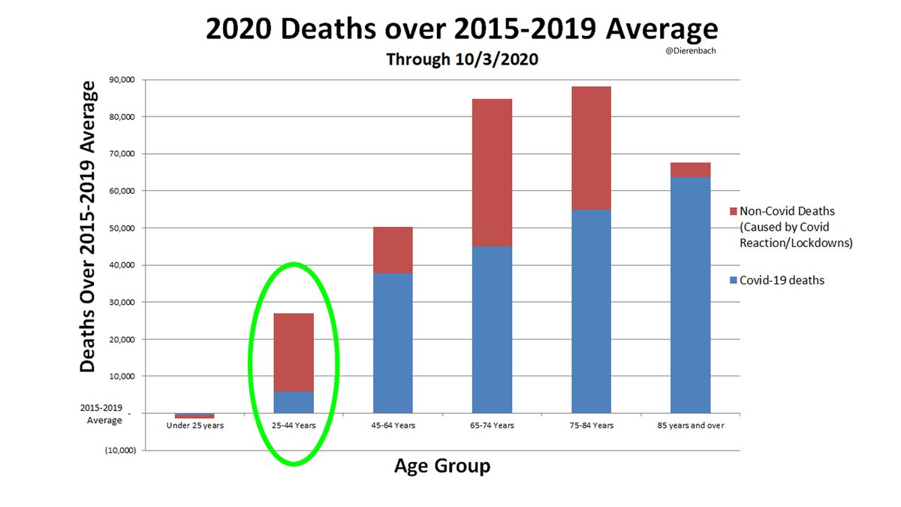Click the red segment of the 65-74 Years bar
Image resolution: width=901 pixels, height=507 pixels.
492,172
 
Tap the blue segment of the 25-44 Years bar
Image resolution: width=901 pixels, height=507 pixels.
294,402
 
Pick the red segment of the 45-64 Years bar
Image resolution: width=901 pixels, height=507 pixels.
393,249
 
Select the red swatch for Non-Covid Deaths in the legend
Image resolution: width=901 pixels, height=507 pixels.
733,211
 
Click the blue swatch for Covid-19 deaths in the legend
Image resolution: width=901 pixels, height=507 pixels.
733,280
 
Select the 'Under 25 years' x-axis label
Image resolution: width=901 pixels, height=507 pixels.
194,425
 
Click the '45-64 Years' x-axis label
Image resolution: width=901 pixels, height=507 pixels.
393,425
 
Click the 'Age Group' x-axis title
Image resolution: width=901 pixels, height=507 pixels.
442,466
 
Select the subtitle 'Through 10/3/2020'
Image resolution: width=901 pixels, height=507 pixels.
462,59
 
